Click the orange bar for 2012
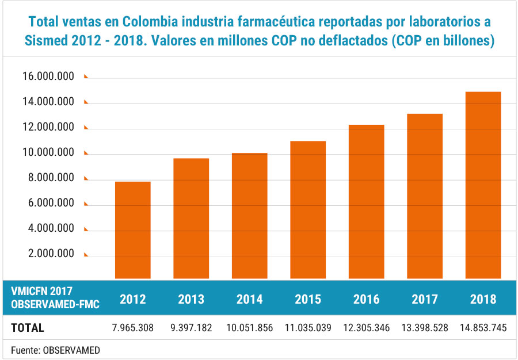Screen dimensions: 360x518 click(x=132, y=230)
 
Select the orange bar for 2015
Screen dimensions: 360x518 click(x=308, y=210)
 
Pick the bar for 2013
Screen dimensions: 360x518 click(x=191, y=219)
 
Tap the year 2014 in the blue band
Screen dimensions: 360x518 click(x=249, y=299)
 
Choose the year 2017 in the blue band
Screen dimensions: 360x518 click(x=425, y=299)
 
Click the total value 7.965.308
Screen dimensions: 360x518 click(x=132, y=328)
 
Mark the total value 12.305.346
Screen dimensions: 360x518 click(x=366, y=328)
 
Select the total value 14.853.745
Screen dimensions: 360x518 click(x=483, y=328)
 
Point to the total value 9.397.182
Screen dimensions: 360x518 click(x=191, y=328)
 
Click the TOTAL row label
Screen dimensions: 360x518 click(x=28, y=328)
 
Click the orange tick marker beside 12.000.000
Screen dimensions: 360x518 click(x=86, y=128)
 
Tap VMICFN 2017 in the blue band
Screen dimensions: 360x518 click(x=42, y=292)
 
